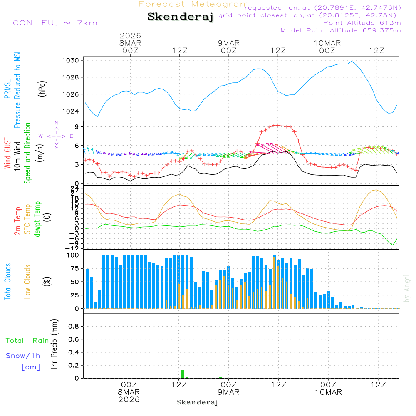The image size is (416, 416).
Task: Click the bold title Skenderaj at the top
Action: click(180, 17)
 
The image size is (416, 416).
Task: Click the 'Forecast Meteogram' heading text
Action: click(194, 4)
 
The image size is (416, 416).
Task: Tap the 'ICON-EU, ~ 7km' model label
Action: click(53, 22)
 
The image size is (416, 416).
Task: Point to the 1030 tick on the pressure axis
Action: click(71, 60)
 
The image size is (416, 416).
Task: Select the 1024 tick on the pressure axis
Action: click(71, 111)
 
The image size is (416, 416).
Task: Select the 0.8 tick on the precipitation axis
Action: click(74, 327)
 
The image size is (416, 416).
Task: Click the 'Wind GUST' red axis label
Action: click(8, 153)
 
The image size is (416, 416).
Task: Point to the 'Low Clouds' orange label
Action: click(28, 282)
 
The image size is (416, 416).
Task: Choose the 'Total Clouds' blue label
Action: click(8, 282)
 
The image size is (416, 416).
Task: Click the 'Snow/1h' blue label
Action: click(23, 356)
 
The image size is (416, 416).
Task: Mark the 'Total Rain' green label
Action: click(27, 340)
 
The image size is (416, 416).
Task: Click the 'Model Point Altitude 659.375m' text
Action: click(341, 30)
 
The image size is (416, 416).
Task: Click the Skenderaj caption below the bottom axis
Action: click(197, 402)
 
